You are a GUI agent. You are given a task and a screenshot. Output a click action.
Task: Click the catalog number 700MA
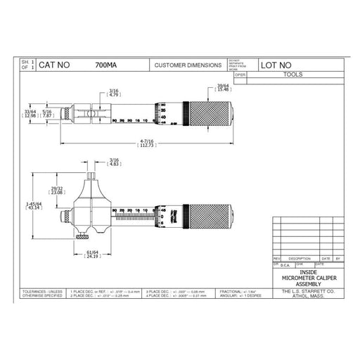(105, 65)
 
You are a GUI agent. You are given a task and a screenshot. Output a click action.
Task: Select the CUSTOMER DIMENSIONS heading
(184, 65)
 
